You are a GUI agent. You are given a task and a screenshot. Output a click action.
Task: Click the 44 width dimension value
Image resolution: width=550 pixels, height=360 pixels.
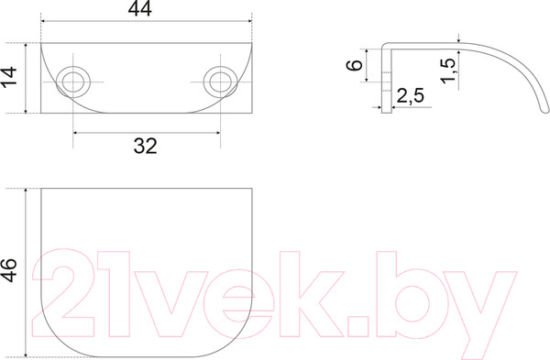140,9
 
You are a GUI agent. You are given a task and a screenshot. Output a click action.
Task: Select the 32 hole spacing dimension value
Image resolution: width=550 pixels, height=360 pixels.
145,146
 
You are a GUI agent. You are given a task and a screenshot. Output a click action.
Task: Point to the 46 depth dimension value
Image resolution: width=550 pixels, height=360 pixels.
9,270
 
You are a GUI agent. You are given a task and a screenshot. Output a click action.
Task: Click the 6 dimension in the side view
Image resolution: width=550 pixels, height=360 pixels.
354,65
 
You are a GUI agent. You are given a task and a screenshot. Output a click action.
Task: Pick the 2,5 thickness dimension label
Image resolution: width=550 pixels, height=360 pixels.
410,95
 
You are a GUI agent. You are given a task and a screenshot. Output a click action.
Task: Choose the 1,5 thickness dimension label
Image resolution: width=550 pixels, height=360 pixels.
448,71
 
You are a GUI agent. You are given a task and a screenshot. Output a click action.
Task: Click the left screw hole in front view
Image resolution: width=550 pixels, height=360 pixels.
73,82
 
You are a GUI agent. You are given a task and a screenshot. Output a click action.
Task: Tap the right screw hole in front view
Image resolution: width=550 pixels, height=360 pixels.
220,82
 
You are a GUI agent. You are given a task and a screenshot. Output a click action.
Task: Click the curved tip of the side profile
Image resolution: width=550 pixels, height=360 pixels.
544,110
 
